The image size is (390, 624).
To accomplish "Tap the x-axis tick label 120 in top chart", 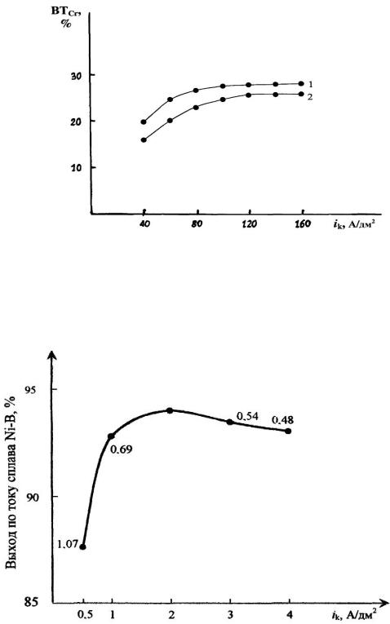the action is point(249,224).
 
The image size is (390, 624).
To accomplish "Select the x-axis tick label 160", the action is point(303,224).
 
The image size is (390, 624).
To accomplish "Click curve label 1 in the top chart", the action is point(310,84).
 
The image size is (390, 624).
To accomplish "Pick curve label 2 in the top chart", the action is point(310,96).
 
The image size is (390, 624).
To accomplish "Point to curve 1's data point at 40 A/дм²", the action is point(144,122).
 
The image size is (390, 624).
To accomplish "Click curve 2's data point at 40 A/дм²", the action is point(144,139).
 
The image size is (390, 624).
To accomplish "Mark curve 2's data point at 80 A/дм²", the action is point(196,107).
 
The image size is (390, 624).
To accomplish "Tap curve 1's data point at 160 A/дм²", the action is point(301,83).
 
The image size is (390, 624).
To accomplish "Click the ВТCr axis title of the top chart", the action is point(65,16).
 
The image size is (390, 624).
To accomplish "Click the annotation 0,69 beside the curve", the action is point(121,449).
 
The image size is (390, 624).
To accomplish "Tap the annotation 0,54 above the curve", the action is point(247,416).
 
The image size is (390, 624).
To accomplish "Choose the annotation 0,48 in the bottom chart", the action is point(283,420).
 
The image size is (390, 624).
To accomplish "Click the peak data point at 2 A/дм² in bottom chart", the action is point(170,410).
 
